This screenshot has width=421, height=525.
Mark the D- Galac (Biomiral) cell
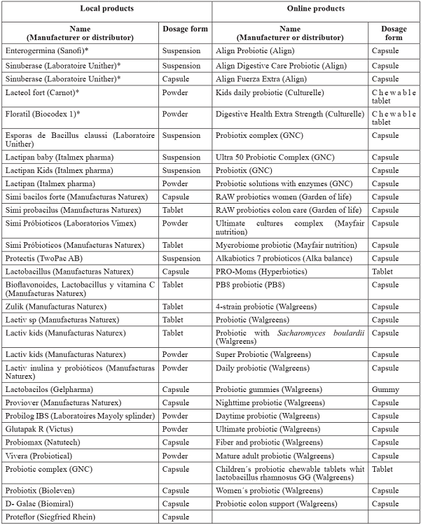(39, 503)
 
